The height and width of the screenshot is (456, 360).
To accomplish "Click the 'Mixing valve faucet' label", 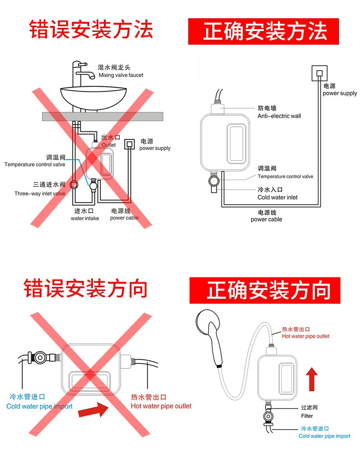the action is point(121,75).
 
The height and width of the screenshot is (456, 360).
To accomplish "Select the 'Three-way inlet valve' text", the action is point(40,193).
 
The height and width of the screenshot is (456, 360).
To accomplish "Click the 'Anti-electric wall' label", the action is point(279,116).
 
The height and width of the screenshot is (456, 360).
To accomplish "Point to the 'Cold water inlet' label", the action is point(278,197).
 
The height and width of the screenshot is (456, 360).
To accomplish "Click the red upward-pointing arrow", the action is point(312,379).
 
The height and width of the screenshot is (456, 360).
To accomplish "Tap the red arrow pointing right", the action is point(93,410).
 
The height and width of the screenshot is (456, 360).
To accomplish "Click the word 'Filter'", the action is point(307,416).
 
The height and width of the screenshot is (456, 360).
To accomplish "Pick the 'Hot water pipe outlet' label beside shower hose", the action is point(305,336).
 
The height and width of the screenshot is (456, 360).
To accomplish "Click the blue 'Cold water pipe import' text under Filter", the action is point(324,436).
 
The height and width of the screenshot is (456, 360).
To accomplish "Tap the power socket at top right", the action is point(319,73).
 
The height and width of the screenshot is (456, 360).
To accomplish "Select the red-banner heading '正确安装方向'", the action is point(269,290).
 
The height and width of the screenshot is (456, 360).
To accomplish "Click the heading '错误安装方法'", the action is point(91,29).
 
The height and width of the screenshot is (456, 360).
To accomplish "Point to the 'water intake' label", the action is point(85,218).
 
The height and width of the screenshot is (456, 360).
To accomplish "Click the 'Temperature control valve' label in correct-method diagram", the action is point(285,176).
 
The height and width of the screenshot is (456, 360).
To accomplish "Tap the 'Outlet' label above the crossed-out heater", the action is point(108,145).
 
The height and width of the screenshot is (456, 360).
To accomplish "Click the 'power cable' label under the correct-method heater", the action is point(267,219).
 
